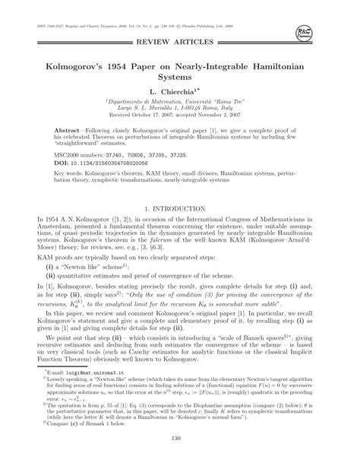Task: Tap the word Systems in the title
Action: tap(180, 77)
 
